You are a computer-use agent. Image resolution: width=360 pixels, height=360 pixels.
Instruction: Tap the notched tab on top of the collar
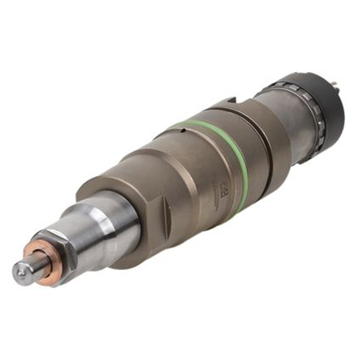(229, 103)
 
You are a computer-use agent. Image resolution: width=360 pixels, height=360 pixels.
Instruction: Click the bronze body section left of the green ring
(180, 175)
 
